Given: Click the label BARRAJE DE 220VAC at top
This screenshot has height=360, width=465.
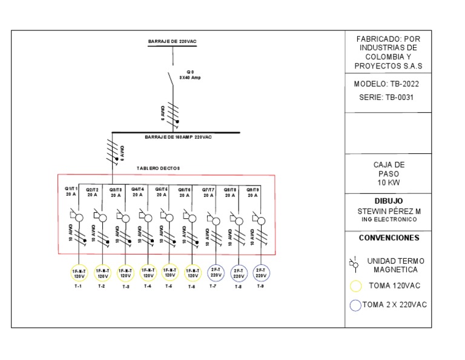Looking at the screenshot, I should point(173,41).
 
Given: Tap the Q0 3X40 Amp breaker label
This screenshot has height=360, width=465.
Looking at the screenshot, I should point(190,75).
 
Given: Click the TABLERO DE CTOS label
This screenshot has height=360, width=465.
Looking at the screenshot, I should point(158,168).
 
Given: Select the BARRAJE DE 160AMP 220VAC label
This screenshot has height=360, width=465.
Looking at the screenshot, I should point(178,138).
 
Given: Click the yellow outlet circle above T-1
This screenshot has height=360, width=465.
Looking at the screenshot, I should point(78,273).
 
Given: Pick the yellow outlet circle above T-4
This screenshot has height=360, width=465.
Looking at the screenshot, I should point(147,273).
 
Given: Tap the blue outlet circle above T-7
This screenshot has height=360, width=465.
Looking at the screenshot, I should point(216,273).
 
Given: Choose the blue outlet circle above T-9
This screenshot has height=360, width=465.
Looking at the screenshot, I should point(261,273).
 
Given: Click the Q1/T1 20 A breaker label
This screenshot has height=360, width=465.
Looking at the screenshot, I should point(71,192).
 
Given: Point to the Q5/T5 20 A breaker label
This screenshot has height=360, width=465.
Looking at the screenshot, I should point(162,192).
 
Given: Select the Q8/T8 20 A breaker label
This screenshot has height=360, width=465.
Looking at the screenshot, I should point(230,192).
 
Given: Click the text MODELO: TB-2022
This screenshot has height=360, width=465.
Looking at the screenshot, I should point(386,84).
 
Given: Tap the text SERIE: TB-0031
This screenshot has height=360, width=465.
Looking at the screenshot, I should point(386,97).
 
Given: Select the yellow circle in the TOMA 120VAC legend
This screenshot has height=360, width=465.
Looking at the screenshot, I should point(356,286).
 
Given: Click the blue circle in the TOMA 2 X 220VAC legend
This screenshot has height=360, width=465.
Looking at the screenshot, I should point(355,305).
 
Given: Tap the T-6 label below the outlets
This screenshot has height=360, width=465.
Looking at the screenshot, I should point(191,287).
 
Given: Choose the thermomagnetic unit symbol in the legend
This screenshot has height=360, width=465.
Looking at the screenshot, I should point(355,264).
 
